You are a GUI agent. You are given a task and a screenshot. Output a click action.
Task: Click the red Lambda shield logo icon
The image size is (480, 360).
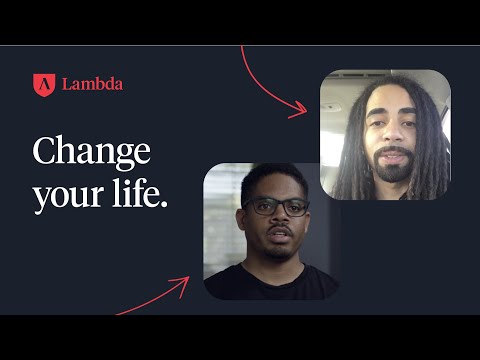pyautogui.click(x=42, y=84)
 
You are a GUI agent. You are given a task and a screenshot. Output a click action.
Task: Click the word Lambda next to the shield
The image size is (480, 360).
pyautogui.click(x=92, y=85)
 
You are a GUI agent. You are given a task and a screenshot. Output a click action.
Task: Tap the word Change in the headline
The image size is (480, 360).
pyautogui.click(x=91, y=153)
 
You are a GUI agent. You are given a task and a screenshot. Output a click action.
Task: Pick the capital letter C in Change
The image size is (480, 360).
pyautogui.click(x=45, y=153)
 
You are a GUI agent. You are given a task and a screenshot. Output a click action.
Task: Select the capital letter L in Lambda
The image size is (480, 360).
pyautogui.click(x=66, y=85)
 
